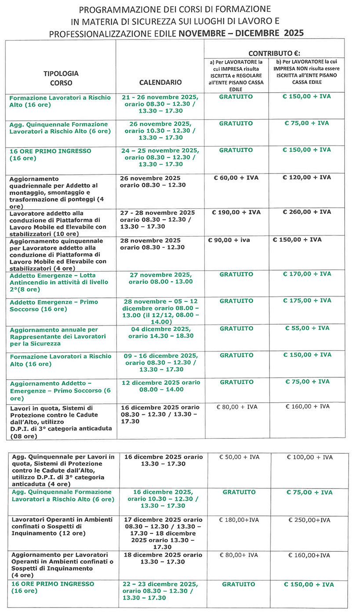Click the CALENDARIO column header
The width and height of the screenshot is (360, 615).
point(160,82)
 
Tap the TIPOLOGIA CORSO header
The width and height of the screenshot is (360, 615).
point(61,78)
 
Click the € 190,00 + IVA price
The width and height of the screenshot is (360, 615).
point(236,212)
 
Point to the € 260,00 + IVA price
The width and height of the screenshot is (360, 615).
point(306,212)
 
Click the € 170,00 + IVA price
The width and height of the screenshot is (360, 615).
point(306,274)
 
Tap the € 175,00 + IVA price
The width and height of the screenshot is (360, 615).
point(306,301)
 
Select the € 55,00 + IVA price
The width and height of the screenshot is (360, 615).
point(306,328)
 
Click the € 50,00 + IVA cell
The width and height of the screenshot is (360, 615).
point(239,457)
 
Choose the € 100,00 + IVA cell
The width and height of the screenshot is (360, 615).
point(309,457)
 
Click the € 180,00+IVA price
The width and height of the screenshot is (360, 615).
point(239,520)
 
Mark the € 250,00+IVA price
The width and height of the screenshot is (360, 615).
point(309,520)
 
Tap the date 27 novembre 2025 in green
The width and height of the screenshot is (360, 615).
point(160,275)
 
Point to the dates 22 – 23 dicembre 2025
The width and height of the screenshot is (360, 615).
point(160,584)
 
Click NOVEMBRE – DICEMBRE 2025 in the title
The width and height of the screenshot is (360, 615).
point(241,33)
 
